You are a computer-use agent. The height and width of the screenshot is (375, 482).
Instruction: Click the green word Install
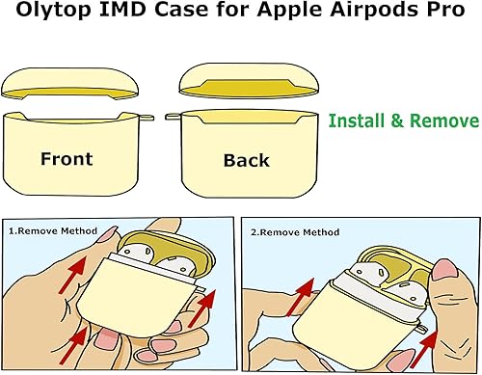coord(361,122)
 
